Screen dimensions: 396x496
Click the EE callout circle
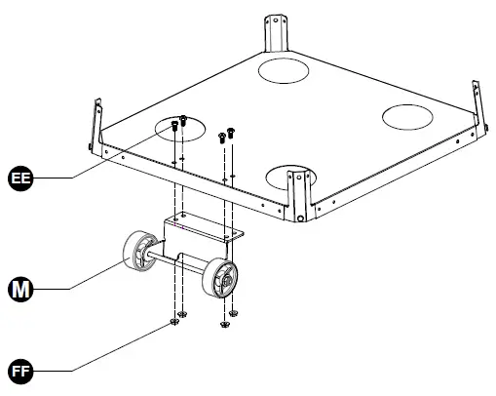click(20, 178)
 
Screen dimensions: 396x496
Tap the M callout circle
click(20, 290)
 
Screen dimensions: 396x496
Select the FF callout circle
click(20, 372)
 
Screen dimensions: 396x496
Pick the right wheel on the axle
click(220, 280)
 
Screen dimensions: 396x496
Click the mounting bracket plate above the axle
click(203, 229)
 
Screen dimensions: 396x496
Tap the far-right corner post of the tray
click(477, 102)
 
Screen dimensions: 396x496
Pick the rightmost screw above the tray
click(232, 133)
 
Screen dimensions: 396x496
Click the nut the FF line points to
click(174, 319)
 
